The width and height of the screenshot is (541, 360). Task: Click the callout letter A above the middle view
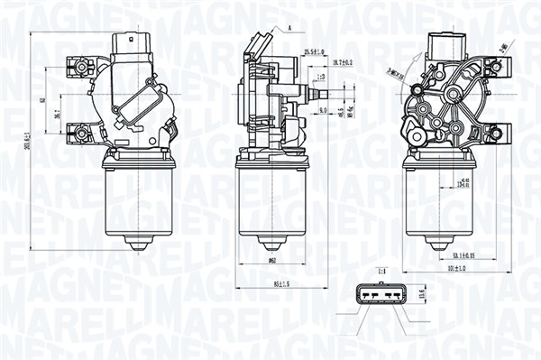(x=291, y=29)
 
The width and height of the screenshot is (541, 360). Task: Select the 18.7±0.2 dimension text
(x=343, y=61)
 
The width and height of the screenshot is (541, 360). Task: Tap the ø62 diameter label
(x=270, y=260)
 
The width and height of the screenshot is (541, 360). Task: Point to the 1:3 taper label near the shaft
(x=321, y=78)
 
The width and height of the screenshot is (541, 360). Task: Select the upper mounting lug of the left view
(x=79, y=66)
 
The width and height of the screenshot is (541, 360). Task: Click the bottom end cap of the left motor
(x=138, y=243)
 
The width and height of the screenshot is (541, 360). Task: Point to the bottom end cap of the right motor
(x=439, y=243)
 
